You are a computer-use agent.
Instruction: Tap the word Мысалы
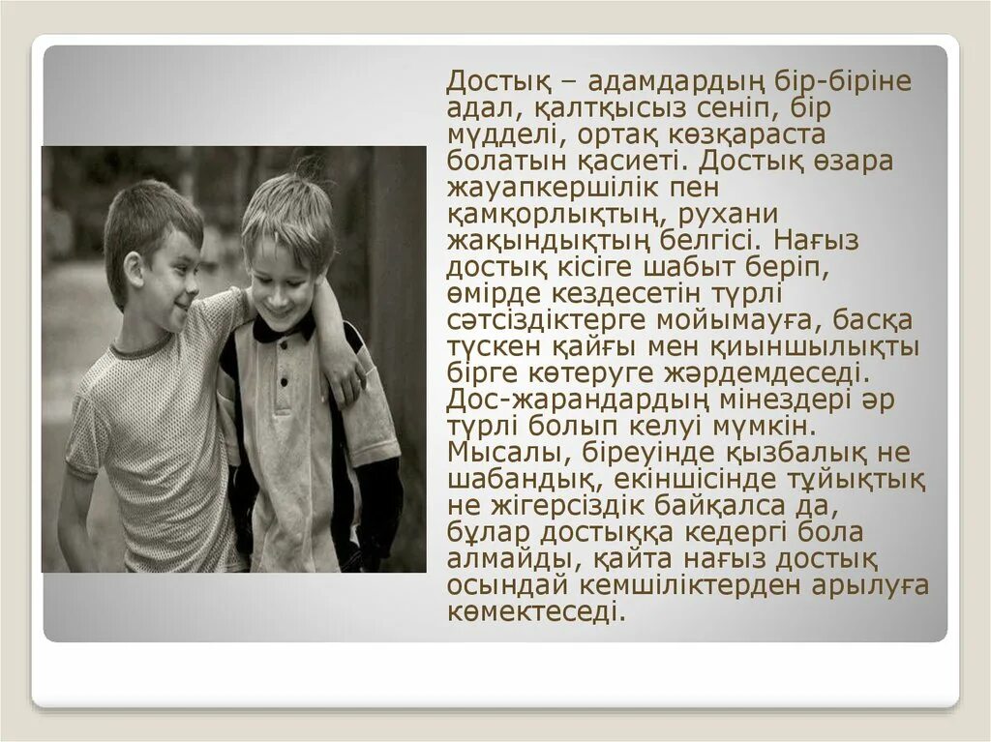498,452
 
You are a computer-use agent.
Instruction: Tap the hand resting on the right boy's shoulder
345,380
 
